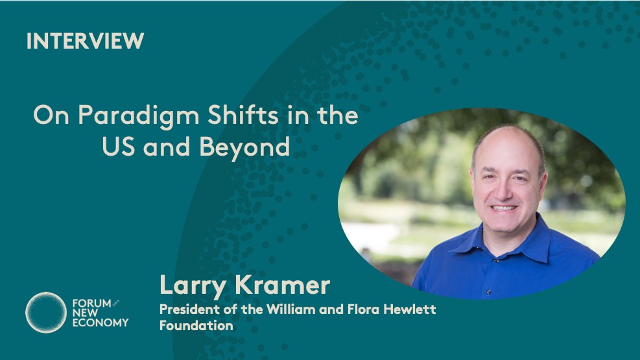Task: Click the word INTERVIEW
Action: coord(86,41)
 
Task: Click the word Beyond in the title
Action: coord(245,148)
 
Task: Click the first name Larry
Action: coord(192,285)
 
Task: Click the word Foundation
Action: coord(196,326)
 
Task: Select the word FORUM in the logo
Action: coord(91,304)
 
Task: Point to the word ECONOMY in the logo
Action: coord(101,323)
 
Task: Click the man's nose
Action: coord(506,191)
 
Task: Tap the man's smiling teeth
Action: coord(503,208)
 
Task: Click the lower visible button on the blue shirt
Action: coord(488,292)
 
